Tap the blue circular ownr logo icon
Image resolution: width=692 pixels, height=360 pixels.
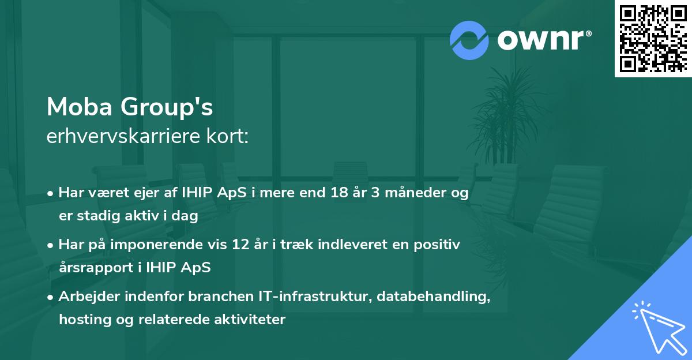pyautogui.click(x=469, y=40)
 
